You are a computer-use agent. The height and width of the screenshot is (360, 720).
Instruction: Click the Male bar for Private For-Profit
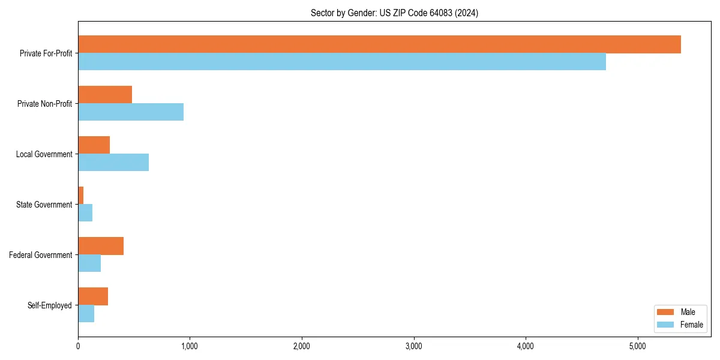pos(379,44)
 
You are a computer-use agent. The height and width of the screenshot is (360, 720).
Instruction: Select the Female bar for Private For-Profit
pos(342,62)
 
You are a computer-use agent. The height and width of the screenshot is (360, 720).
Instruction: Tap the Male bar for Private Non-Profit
pos(105,95)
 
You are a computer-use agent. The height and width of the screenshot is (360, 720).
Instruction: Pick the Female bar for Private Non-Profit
pos(131,112)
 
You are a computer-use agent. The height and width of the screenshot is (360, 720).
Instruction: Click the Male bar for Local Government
pos(94,145)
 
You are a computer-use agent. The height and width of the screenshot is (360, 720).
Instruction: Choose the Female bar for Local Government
pos(113,163)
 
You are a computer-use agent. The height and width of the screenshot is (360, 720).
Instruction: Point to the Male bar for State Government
pos(81,196)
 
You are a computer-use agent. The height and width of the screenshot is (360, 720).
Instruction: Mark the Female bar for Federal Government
pos(89,263)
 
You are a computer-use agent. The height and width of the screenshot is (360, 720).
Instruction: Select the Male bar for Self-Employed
pos(93,296)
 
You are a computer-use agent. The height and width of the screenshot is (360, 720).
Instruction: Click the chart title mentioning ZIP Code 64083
pos(394,13)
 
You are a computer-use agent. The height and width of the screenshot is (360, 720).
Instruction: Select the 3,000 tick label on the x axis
pos(413,346)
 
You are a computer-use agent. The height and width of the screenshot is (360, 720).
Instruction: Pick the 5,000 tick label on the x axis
pos(637,346)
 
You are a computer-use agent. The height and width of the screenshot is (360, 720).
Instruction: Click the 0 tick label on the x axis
pos(78,346)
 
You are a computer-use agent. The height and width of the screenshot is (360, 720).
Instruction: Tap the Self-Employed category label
pos(49,305)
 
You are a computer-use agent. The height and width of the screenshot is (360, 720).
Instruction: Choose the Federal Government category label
pos(41,255)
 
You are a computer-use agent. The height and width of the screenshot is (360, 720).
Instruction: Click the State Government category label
pos(44,205)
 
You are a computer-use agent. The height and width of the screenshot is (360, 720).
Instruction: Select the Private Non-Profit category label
pos(44,104)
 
